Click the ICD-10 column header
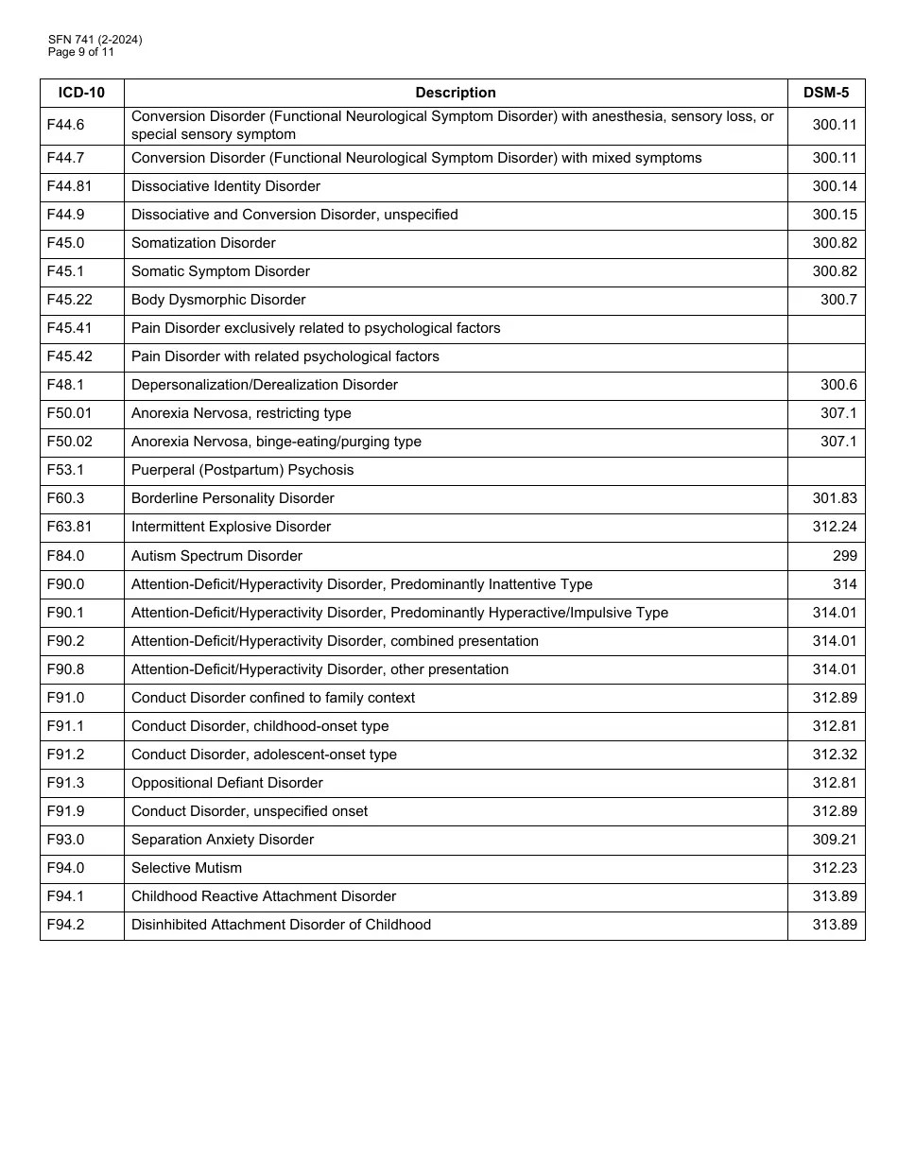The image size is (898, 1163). (81, 93)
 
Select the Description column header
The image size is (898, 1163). (456, 93)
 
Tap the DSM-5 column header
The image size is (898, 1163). (825, 93)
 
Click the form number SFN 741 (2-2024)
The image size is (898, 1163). (95, 40)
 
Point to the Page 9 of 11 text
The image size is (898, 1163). (81, 52)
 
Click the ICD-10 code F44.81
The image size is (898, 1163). (69, 186)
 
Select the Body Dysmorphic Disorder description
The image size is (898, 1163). (218, 300)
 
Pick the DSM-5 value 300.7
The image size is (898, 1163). (838, 300)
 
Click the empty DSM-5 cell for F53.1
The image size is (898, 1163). (825, 470)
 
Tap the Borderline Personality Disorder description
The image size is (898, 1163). (233, 498)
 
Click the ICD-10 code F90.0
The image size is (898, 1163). (65, 584)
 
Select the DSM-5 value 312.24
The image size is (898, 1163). (835, 527)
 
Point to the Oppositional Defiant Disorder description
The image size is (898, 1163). (227, 783)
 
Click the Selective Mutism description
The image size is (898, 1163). (186, 868)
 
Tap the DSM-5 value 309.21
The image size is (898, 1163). (835, 840)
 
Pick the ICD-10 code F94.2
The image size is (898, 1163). (65, 925)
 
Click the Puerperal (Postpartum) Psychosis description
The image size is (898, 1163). (242, 470)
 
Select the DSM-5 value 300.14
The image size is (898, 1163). (835, 186)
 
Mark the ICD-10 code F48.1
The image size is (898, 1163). (65, 385)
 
